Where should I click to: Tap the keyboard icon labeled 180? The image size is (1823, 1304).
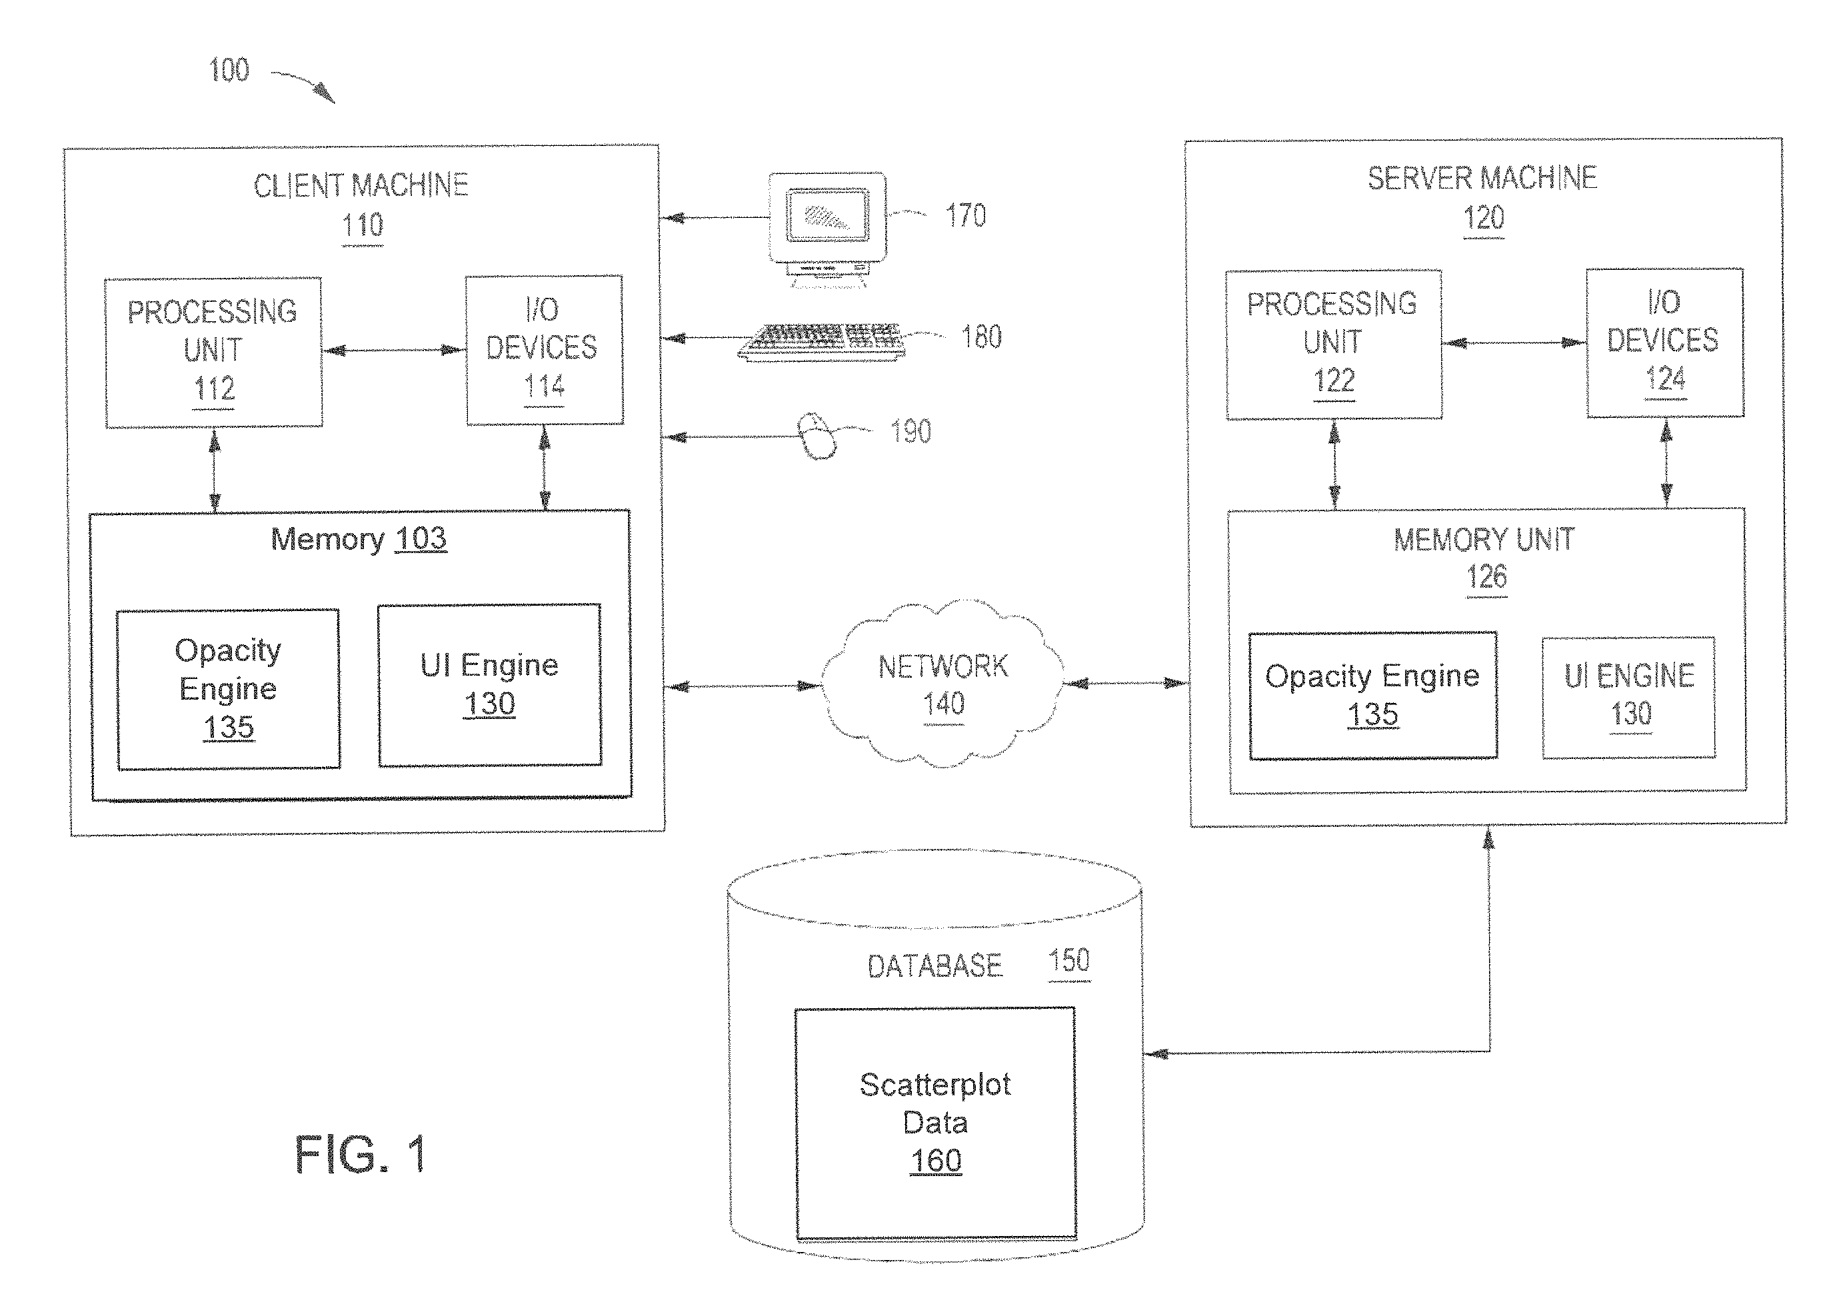click(x=821, y=342)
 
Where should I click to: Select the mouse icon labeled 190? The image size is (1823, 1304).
click(x=817, y=436)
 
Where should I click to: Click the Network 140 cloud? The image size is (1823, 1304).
click(x=942, y=683)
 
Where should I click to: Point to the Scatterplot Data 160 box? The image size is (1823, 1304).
click(x=936, y=1123)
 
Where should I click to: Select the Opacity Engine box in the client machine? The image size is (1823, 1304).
click(x=228, y=689)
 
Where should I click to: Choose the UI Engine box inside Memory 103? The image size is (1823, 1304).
click(x=490, y=685)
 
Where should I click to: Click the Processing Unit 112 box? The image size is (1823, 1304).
click(x=213, y=352)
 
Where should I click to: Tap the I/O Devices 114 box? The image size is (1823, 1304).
click(x=545, y=349)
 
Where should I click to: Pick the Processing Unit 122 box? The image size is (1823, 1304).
click(x=1333, y=344)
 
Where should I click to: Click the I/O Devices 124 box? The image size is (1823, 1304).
click(x=1665, y=343)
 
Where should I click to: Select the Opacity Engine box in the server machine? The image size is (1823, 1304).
click(x=1372, y=696)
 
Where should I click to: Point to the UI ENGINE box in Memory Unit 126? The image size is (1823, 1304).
click(x=1628, y=697)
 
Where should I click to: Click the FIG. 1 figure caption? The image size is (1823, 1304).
click(x=361, y=1155)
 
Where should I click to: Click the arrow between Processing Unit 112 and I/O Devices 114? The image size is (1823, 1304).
click(x=395, y=350)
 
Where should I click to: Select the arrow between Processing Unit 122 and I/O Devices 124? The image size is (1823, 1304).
click(x=1514, y=343)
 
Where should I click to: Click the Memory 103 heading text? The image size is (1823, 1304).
click(x=358, y=539)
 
